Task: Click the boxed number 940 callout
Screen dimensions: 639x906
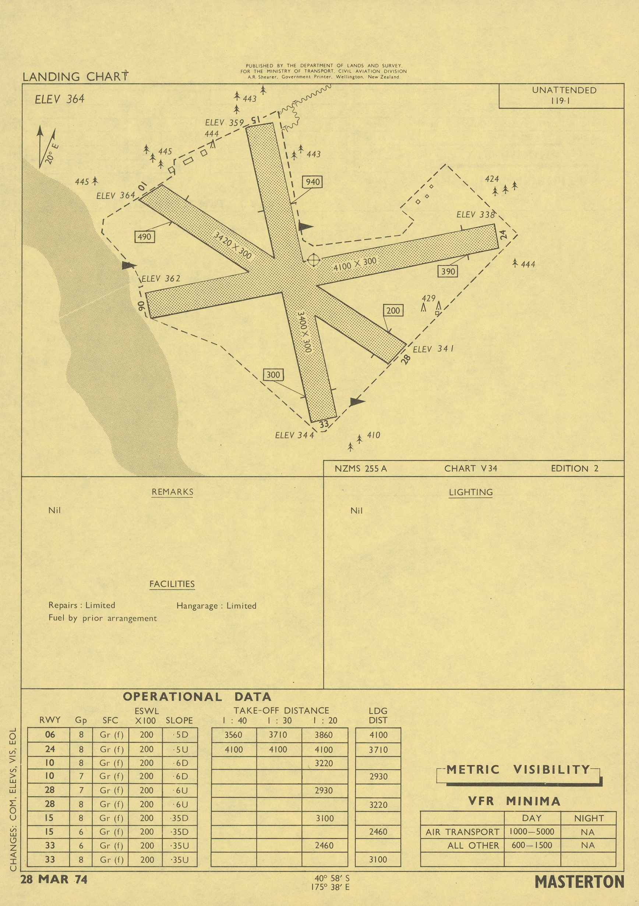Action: [x=313, y=182]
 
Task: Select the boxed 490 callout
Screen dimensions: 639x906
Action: [x=144, y=237]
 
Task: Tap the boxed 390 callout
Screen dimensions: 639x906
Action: [x=448, y=271]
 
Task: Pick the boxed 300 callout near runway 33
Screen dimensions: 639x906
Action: [x=273, y=375]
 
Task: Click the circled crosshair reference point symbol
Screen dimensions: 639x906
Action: [x=313, y=260]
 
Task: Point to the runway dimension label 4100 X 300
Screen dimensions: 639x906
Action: [x=355, y=264]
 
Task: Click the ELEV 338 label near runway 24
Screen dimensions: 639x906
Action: [x=476, y=215]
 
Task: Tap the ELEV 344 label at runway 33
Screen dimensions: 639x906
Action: [x=294, y=435]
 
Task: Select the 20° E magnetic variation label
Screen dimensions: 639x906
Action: [x=52, y=154]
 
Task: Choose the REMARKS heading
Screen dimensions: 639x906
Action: [x=172, y=492]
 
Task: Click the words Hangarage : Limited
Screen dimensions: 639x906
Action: [x=216, y=606]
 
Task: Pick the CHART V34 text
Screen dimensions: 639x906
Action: [x=470, y=468]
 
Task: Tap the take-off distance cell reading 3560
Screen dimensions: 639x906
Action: [x=233, y=735]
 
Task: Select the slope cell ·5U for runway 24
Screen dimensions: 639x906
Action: [x=180, y=749]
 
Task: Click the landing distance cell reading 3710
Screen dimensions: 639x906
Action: [x=378, y=749]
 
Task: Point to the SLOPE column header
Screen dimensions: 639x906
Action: [x=179, y=720]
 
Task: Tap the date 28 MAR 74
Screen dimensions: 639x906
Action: [x=54, y=879]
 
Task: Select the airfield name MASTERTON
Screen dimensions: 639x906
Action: [x=579, y=882]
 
